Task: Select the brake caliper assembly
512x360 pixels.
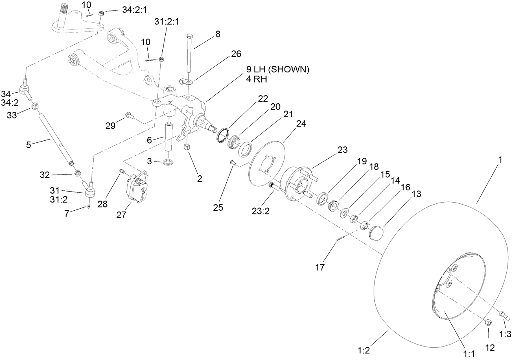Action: point(135,188)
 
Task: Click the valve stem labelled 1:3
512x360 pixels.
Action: point(505,315)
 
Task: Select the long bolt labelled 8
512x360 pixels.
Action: point(190,53)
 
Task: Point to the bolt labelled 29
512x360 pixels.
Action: point(129,115)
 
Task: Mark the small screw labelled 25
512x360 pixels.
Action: point(232,163)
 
